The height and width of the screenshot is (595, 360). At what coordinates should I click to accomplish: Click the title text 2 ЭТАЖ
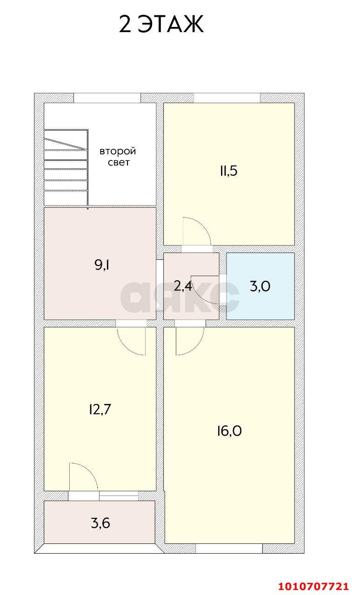click(161, 25)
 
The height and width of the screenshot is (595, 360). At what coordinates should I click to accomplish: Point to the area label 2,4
click(183, 286)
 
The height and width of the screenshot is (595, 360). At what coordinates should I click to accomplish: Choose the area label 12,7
click(100, 410)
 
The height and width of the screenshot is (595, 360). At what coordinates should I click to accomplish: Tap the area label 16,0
click(229, 431)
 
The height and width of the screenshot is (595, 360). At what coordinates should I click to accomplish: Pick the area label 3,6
click(100, 523)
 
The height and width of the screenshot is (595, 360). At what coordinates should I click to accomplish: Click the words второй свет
click(118, 157)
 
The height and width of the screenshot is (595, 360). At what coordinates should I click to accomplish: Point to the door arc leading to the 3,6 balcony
click(83, 476)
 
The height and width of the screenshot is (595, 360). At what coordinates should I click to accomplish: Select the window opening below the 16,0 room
click(229, 549)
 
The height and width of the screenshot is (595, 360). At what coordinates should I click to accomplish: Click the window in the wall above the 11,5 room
click(227, 98)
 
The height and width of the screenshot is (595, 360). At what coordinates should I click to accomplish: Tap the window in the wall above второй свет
click(107, 98)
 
